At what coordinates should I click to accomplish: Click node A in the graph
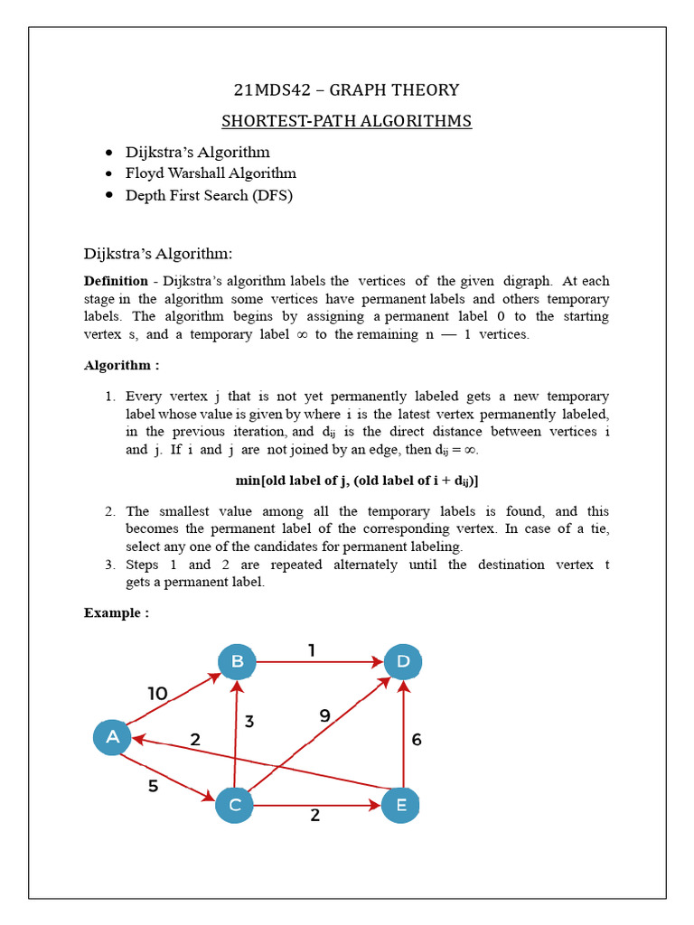[113, 737]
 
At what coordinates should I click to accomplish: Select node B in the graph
[237, 662]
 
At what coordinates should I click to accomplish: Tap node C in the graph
[234, 805]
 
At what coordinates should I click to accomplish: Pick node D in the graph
[403, 662]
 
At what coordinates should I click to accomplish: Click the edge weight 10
[158, 694]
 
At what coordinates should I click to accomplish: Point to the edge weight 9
[325, 715]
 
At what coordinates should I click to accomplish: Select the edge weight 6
[417, 739]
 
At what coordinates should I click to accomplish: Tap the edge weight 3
[249, 722]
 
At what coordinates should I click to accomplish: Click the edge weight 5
[153, 786]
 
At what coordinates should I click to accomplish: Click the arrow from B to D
[320, 662]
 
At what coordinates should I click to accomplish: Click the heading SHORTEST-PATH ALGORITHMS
[347, 121]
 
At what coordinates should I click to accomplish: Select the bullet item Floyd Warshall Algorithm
[211, 173]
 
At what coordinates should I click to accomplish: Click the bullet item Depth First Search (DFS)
[209, 195]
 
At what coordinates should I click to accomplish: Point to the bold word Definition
[116, 282]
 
